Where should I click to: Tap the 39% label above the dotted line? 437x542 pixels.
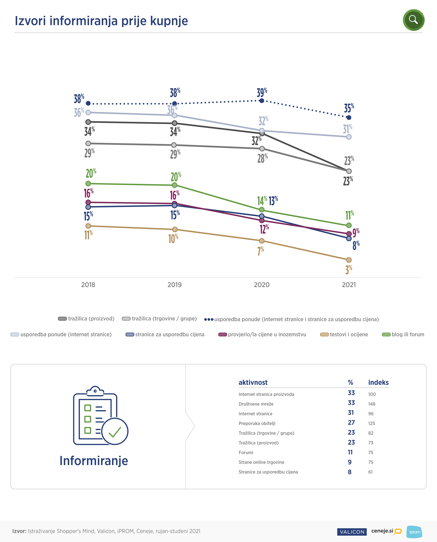tap(262, 93)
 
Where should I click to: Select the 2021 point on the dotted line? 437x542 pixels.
tap(349, 118)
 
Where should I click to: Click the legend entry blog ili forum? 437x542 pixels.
tap(403, 334)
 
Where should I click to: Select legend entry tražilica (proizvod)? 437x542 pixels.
tap(86, 319)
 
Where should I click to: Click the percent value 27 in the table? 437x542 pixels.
tap(351, 423)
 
